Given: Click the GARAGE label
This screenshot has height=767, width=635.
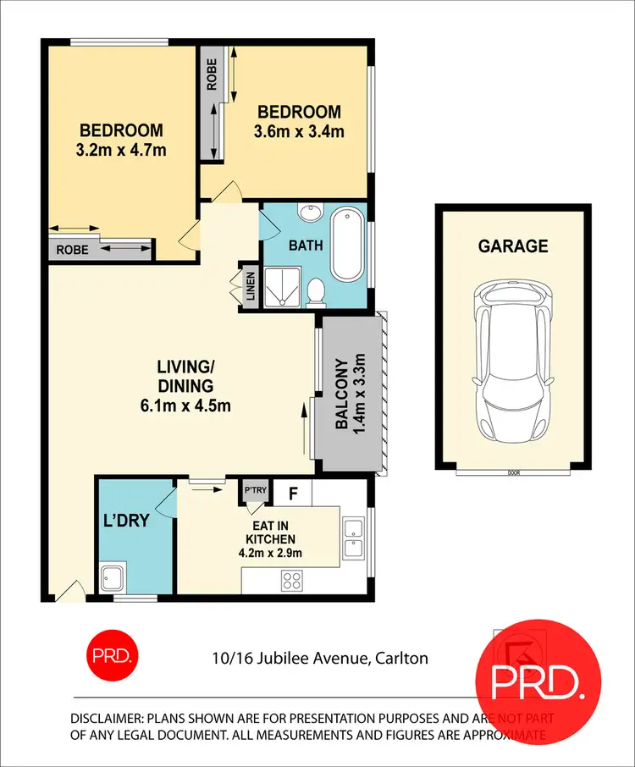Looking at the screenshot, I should coord(513,246).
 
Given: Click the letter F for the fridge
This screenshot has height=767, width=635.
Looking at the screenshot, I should coord(293,492).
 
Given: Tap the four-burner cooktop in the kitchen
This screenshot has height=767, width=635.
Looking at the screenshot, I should coord(293,581).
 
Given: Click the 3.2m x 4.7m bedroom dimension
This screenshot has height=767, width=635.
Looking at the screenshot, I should coord(120,151).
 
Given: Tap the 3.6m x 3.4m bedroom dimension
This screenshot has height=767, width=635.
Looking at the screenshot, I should coord(299,131).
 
